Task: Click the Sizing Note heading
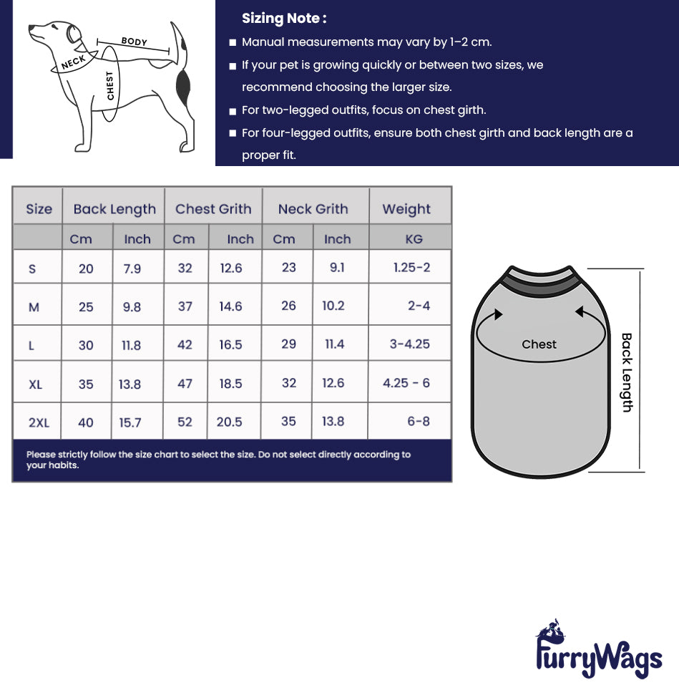[x=284, y=19]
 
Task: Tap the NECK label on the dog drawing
[x=73, y=63]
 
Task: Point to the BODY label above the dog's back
[x=134, y=42]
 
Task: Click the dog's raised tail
[x=177, y=39]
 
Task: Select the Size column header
[x=39, y=209]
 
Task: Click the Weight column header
[x=406, y=209]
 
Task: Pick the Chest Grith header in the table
[x=213, y=209]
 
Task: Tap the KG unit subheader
[x=414, y=239]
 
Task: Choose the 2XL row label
[x=39, y=422]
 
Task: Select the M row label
[x=34, y=307]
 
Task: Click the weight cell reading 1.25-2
[x=411, y=267]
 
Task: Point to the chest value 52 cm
[x=185, y=422]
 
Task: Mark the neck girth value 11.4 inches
[x=334, y=344]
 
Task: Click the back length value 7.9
[x=132, y=268]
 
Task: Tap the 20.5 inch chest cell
[x=229, y=422]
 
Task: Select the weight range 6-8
[x=419, y=421]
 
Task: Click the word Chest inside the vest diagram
[x=539, y=344]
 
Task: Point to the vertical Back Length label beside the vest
[x=627, y=372]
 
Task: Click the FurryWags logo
[x=598, y=651]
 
